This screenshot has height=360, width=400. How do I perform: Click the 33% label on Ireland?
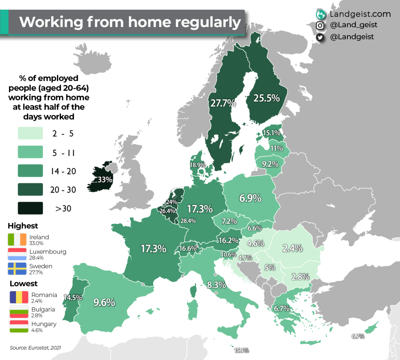click(x=105, y=180)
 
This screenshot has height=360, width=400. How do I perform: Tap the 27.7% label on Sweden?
click(x=223, y=103)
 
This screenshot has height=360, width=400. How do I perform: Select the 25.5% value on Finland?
click(x=267, y=98)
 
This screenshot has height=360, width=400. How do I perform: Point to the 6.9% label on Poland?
click(x=250, y=198)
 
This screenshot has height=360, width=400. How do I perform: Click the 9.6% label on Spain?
click(x=104, y=302)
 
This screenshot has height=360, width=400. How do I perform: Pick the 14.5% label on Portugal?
click(x=73, y=297)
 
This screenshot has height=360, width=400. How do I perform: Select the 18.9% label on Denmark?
click(x=198, y=165)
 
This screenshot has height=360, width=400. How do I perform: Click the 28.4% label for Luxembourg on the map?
click(x=188, y=220)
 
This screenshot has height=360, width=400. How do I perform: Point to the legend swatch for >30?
click(x=30, y=208)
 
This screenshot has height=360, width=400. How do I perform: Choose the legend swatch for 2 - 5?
click(x=30, y=133)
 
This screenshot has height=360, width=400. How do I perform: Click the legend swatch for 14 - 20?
click(x=30, y=171)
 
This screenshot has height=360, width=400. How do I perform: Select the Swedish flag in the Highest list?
click(x=17, y=269)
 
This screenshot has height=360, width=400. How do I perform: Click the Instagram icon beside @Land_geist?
click(x=320, y=25)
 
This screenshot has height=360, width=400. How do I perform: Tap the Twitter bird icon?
click(x=320, y=37)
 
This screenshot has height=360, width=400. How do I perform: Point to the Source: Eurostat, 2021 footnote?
click(x=35, y=347)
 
